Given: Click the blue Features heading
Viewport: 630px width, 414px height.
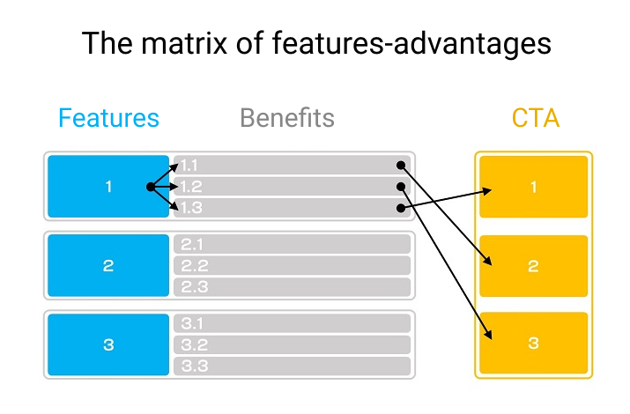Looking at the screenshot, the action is [x=109, y=118].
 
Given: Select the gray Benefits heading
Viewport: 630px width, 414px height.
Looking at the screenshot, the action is [x=287, y=118].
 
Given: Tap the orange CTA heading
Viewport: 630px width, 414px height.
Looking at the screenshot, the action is [x=536, y=118].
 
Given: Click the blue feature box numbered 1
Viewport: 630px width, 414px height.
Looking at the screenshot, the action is [x=108, y=187].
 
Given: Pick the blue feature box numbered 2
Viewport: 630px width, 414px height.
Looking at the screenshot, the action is [x=108, y=265].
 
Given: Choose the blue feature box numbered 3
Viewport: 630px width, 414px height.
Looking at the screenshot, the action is [x=108, y=344].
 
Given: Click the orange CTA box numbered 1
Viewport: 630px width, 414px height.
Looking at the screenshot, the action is [x=534, y=187].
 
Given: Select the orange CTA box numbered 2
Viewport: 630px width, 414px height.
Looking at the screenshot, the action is [x=534, y=266].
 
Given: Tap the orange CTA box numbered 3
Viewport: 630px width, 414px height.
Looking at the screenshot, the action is [x=534, y=343].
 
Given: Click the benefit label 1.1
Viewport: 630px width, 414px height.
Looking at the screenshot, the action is [x=189, y=166].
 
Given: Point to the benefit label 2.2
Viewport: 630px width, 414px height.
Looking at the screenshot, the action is [x=195, y=266].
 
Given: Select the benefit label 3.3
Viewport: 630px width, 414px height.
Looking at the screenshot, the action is [x=195, y=366].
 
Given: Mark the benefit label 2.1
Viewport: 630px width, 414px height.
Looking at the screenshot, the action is [x=192, y=245].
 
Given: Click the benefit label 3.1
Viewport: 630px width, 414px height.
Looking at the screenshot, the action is [x=192, y=323].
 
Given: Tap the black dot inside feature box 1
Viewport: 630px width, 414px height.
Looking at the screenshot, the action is [x=151, y=187].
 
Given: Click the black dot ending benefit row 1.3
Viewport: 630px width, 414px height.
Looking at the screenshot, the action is [x=401, y=208].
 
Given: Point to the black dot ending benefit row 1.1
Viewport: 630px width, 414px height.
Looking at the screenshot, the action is [x=401, y=165].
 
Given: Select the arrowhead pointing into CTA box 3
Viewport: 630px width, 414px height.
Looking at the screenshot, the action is [x=488, y=335].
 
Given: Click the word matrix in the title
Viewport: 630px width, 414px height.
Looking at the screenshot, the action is [x=184, y=43].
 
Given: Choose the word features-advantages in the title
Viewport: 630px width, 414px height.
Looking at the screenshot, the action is [x=411, y=43].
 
